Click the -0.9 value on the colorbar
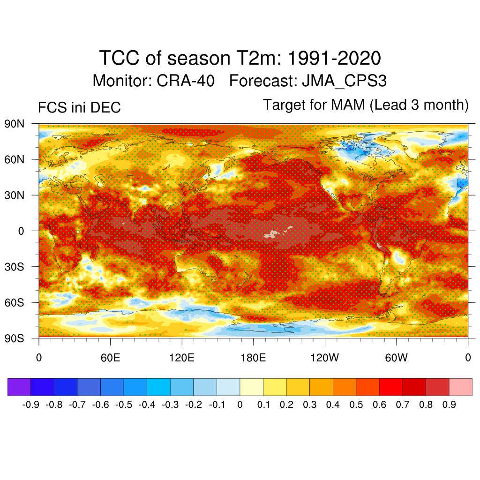[30, 405]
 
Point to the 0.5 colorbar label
[356, 405]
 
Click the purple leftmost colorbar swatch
[19, 387]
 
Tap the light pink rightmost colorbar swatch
[460, 387]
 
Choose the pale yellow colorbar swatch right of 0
[251, 387]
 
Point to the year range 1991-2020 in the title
[334, 59]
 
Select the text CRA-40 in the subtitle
[186, 81]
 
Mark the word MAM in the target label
[348, 105]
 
